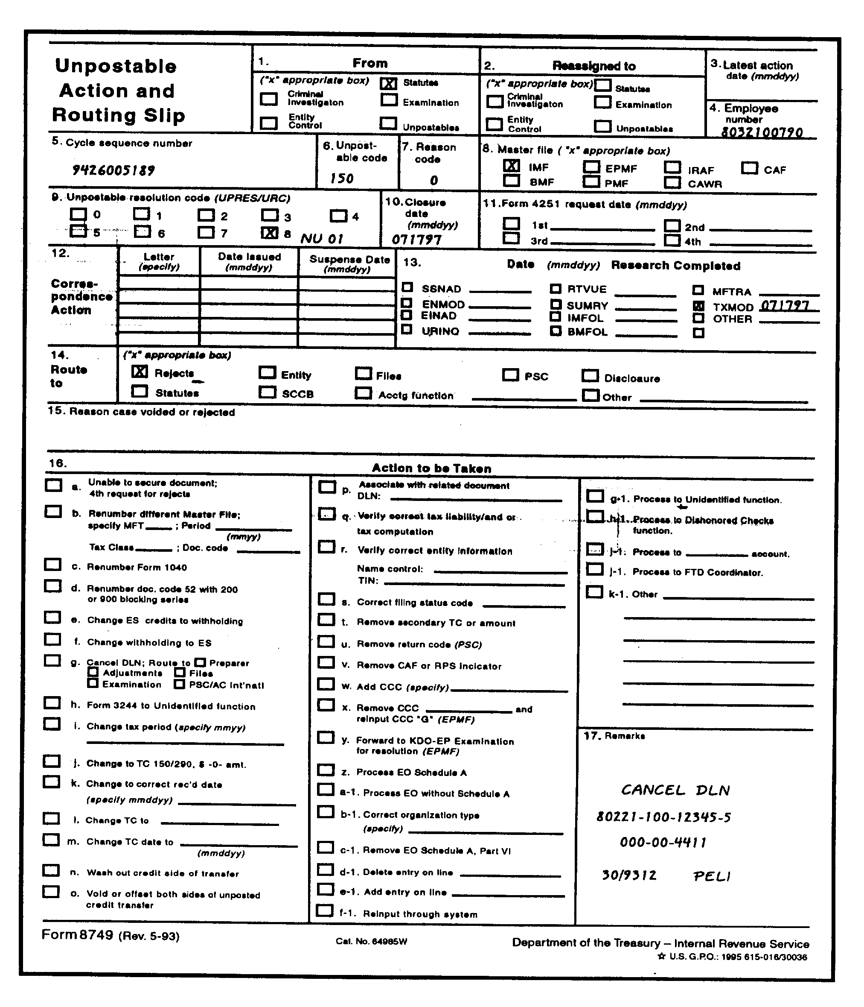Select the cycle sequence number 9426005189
[x=113, y=170]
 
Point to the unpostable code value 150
[x=341, y=179]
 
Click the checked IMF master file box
[x=512, y=166]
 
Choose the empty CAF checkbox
[x=749, y=168]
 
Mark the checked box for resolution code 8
[x=270, y=233]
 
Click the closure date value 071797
[x=417, y=239]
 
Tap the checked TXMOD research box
[x=698, y=306]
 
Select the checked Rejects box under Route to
[x=140, y=372]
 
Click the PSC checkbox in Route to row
[x=510, y=375]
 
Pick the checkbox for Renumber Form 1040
[x=52, y=565]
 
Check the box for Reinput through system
[x=325, y=910]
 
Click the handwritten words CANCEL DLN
[x=675, y=790]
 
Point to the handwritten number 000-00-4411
[x=663, y=842]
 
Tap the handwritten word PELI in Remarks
[x=712, y=876]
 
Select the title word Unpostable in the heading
[x=116, y=66]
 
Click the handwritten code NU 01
[x=322, y=239]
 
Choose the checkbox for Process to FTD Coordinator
[x=594, y=569]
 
